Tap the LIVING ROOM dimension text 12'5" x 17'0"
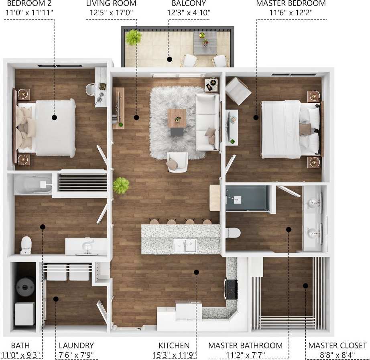111,12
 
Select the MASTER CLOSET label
337,346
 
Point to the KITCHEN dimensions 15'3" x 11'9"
174,355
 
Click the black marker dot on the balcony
169,59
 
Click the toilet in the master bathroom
233,233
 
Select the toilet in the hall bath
26,245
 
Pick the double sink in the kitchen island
185,245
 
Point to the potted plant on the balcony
133,38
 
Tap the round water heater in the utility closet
25,287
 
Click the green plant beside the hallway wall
121,185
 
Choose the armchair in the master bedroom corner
238,91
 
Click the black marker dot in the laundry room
56,299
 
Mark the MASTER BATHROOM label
245,346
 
